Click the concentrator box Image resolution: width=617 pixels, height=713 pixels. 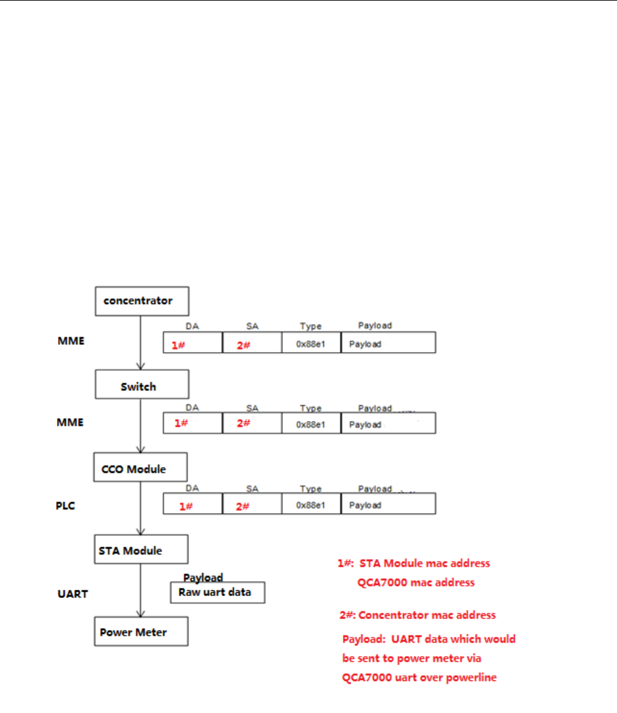click(x=142, y=300)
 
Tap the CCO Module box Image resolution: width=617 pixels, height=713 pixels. click(x=140, y=469)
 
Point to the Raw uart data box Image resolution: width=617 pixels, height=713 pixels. click(x=217, y=592)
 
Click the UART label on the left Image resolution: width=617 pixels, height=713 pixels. click(x=73, y=594)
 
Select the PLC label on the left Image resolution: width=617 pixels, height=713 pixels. click(x=68, y=505)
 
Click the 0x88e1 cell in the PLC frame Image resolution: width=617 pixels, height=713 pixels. click(x=312, y=505)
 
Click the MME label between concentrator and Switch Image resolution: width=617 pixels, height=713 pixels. click(x=70, y=341)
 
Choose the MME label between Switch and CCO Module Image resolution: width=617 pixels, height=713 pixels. click(x=70, y=422)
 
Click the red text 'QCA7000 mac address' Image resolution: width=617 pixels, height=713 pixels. click(x=416, y=583)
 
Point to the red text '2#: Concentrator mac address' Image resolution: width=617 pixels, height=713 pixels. click(x=418, y=615)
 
